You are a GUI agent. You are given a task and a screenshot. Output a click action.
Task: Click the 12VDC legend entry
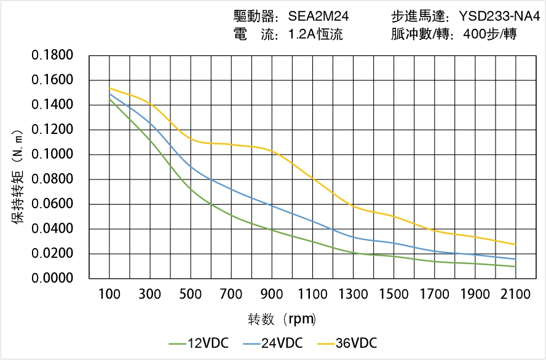coord(199,343)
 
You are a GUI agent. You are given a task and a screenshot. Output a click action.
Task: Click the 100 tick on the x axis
coord(109,294)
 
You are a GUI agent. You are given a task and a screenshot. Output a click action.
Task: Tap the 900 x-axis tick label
coord(272,294)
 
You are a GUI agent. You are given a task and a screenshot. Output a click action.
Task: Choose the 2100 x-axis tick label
coord(515,294)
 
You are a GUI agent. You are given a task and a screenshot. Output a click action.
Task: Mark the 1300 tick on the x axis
coord(353,294)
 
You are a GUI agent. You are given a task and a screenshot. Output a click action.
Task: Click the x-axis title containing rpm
coord(282,319)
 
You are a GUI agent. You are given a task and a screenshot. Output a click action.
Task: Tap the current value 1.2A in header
coord(301,34)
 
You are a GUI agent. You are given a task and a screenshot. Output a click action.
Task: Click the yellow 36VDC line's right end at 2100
coord(515,245)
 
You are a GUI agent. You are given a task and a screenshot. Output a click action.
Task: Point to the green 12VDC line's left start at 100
coord(109,99)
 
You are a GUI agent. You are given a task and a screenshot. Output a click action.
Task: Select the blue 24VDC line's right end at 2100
coord(515,259)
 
